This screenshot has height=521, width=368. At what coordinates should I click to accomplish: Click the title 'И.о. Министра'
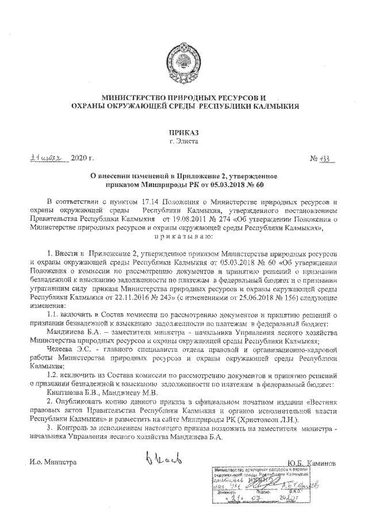tap(53, 462)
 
